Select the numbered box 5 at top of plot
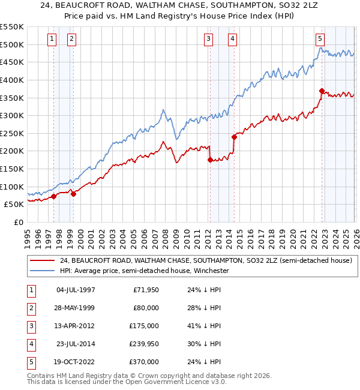point(320,39)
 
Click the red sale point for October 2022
point(322,91)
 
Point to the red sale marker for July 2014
point(235,137)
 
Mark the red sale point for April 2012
point(210,160)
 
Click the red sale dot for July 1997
point(54,196)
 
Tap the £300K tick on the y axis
point(12,115)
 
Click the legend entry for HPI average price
point(144,271)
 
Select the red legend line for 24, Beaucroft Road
point(43,260)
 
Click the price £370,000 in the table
point(144,362)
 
